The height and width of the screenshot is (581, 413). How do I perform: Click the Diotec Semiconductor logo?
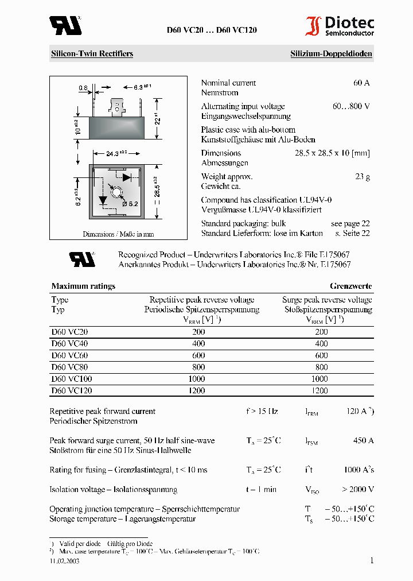coord(339,26)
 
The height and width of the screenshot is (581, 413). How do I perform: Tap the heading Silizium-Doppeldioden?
coord(331,54)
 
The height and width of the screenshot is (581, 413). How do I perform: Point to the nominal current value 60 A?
coord(361,83)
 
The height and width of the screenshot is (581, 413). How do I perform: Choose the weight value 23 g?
coord(363,177)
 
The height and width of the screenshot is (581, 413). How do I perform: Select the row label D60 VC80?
coord(69,367)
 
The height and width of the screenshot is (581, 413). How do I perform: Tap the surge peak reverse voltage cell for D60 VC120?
coord(321,391)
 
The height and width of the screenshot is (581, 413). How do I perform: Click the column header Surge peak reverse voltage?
coord(326,300)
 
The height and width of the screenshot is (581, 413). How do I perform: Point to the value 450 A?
coord(363,440)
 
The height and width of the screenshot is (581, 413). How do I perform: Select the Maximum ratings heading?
coord(83,286)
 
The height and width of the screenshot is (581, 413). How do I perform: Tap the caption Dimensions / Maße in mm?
coord(118,234)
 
